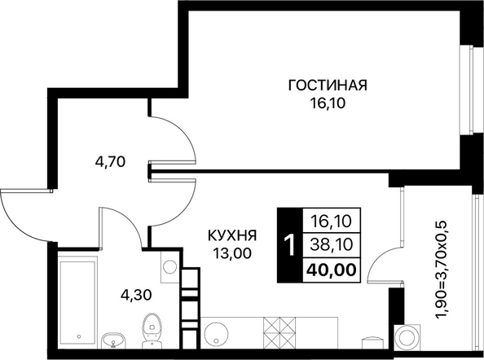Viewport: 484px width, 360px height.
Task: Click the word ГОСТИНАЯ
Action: (x=328, y=86)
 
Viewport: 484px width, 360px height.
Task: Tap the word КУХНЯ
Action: (x=232, y=236)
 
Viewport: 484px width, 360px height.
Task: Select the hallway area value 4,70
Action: (x=110, y=161)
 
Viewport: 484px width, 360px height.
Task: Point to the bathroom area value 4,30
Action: (x=136, y=295)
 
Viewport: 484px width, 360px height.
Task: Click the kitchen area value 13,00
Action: (x=231, y=253)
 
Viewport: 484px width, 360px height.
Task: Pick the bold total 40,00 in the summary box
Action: (x=331, y=270)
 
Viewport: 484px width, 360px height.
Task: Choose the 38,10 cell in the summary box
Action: (x=332, y=244)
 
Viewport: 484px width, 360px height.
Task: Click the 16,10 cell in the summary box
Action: (x=332, y=222)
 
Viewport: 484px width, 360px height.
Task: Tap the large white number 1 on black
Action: (x=290, y=245)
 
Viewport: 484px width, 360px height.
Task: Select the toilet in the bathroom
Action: (x=152, y=331)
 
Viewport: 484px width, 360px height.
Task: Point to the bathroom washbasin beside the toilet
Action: (x=114, y=340)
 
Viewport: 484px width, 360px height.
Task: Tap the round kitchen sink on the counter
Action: (x=215, y=334)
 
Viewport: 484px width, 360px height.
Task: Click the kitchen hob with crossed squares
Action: (x=279, y=333)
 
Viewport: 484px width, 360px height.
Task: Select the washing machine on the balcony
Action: (x=407, y=337)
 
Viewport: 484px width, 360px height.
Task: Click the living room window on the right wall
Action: (x=466, y=90)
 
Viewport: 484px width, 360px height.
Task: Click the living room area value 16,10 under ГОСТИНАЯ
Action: (x=328, y=104)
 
